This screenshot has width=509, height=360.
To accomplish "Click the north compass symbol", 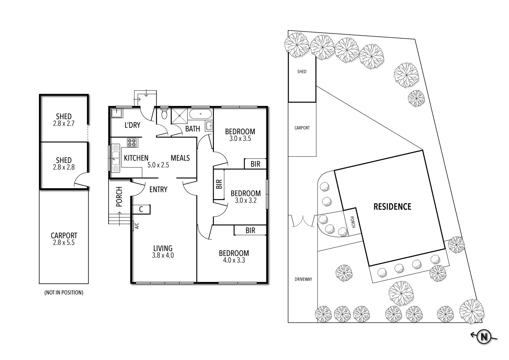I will point(484,337).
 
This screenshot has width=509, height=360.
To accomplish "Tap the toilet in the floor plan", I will point(165,114).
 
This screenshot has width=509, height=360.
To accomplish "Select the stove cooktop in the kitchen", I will point(132,142).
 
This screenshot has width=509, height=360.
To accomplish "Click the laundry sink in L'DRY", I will point(117,113).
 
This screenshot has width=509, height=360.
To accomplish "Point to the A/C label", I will point(137,226).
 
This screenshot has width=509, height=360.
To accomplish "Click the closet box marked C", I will point(141,210).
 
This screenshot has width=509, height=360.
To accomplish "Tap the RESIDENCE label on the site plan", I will point(392,206).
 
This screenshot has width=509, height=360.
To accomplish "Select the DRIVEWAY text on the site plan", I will point(303,279).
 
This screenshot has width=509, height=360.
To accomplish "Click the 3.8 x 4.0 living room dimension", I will point(163,255).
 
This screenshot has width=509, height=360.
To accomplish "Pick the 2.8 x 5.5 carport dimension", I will point(64,243).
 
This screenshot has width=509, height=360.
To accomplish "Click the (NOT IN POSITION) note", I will point(64,292).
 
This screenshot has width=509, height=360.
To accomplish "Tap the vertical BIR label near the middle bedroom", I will point(219,184).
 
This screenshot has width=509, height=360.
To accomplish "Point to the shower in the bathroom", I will point(179,115).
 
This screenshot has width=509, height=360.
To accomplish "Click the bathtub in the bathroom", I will point(201,114).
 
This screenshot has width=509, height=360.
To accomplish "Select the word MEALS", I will point(180,158).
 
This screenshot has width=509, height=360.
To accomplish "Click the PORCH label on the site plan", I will point(353,222).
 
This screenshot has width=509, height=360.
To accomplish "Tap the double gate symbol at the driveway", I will point(302,221).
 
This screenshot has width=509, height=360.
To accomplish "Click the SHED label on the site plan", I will point(302,72).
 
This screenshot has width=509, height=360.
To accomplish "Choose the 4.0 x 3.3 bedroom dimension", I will point(234,260).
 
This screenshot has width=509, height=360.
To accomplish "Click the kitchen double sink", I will point(116,158).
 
